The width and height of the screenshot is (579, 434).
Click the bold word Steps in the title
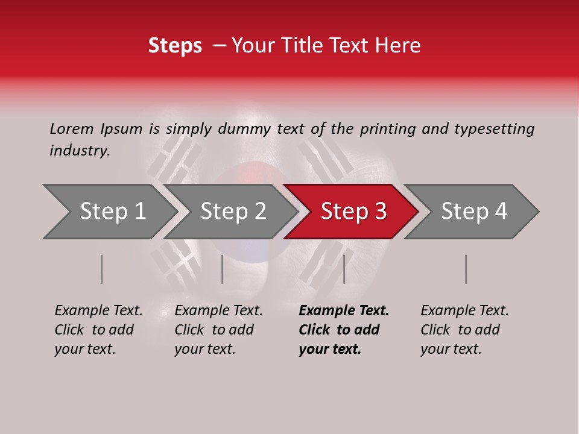[175, 46]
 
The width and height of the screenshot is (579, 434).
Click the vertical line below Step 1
[102, 269]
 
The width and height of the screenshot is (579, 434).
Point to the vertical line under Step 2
[223, 269]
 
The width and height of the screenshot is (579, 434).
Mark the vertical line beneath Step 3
[344, 269]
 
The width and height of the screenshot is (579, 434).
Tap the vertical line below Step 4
[466, 269]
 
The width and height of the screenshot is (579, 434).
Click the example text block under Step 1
[98, 330]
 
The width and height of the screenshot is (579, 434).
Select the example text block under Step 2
[218, 330]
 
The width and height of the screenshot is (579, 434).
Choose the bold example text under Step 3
[343, 330]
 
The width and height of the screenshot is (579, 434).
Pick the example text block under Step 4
[464, 330]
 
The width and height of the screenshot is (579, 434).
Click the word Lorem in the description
[71, 128]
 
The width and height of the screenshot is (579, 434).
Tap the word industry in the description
[79, 151]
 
